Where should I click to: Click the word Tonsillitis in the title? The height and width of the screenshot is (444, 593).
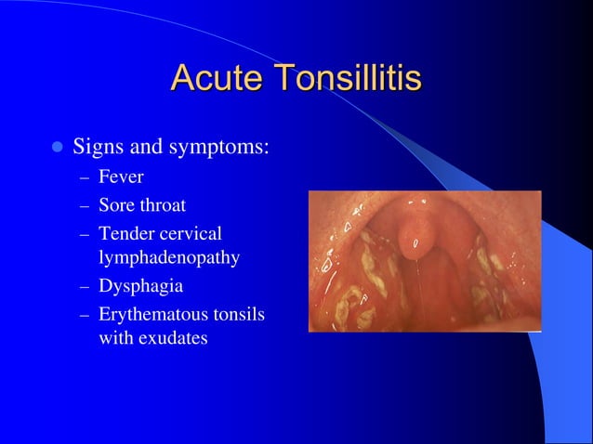click(344, 78)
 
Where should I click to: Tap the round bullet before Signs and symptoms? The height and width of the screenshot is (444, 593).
click(57, 147)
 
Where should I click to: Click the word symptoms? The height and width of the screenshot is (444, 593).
click(223, 149)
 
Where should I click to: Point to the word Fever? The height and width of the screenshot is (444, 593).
click(121, 176)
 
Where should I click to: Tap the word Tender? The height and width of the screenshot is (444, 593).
click(125, 231)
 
